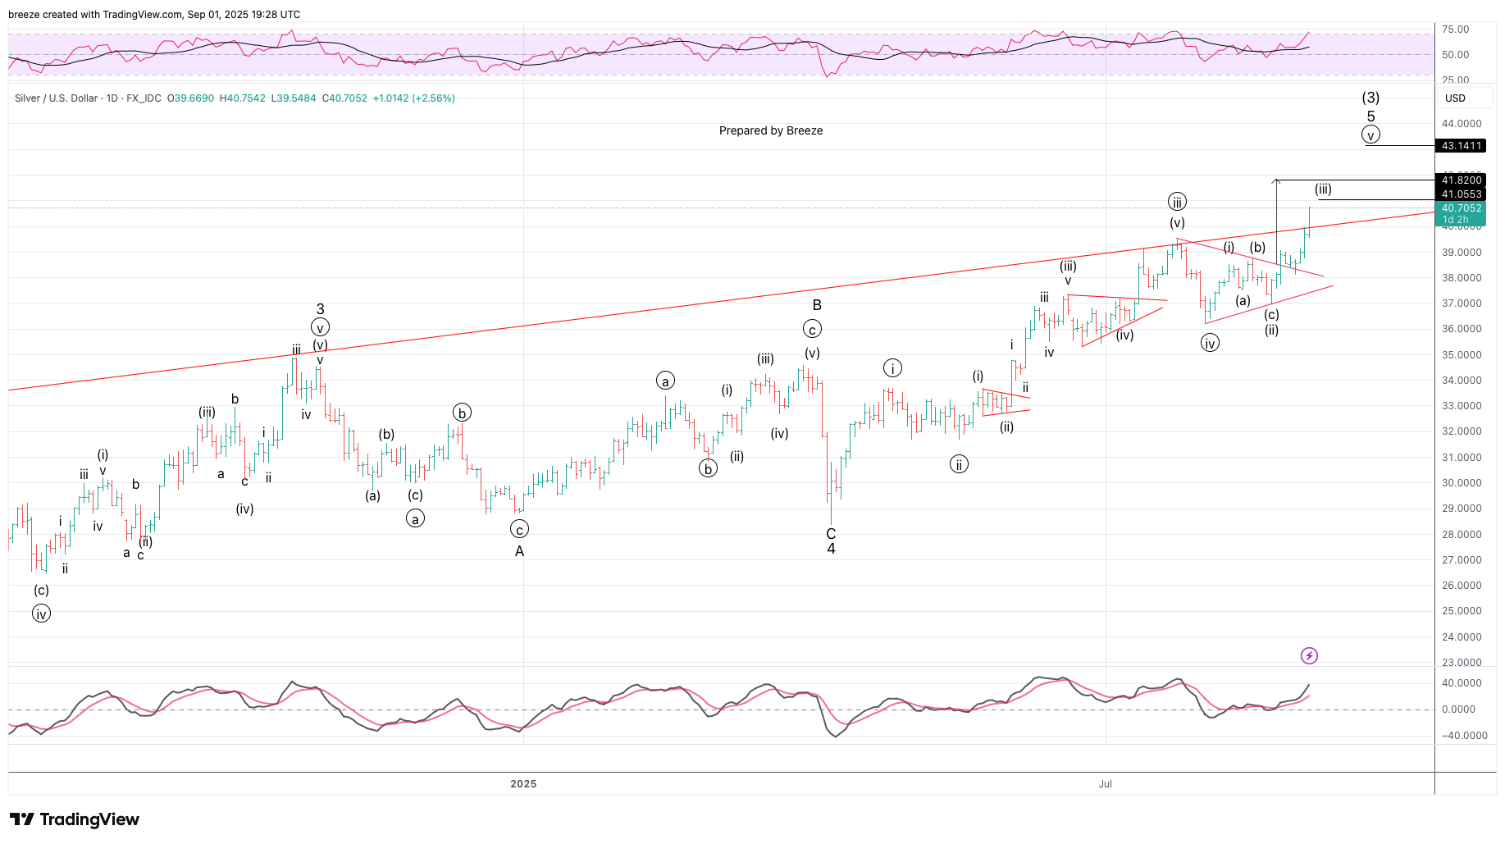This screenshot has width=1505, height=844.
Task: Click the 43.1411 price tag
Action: coord(1461,146)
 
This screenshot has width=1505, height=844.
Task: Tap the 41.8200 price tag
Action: coord(1461,180)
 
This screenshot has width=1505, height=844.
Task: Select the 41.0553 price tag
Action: coord(1461,194)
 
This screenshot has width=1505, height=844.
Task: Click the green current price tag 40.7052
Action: coord(1461,208)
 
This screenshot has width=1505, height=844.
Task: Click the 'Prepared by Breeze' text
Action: coord(770,130)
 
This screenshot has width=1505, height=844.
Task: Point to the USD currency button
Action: coord(1455,98)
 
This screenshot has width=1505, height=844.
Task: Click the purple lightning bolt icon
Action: coord(1309,655)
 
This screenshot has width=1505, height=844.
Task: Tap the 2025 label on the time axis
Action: coord(523,784)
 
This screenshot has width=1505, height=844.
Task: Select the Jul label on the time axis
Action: coord(1106,784)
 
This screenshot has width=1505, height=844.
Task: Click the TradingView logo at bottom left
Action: coord(75,819)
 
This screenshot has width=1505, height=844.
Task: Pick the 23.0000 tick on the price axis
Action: coord(1462,663)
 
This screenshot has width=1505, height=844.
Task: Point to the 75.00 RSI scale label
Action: coord(1455,30)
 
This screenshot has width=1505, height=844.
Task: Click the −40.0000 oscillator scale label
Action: coord(1464,736)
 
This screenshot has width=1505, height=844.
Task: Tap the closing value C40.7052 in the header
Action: coord(344,98)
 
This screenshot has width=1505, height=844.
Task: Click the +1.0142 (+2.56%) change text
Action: coord(413,98)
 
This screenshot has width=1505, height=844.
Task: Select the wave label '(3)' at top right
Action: coord(1370,98)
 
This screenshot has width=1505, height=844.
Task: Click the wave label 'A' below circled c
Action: coord(519,551)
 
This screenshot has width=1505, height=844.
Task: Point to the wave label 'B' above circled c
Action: coord(817,305)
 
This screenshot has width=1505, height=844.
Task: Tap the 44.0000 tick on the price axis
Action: coord(1462,124)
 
